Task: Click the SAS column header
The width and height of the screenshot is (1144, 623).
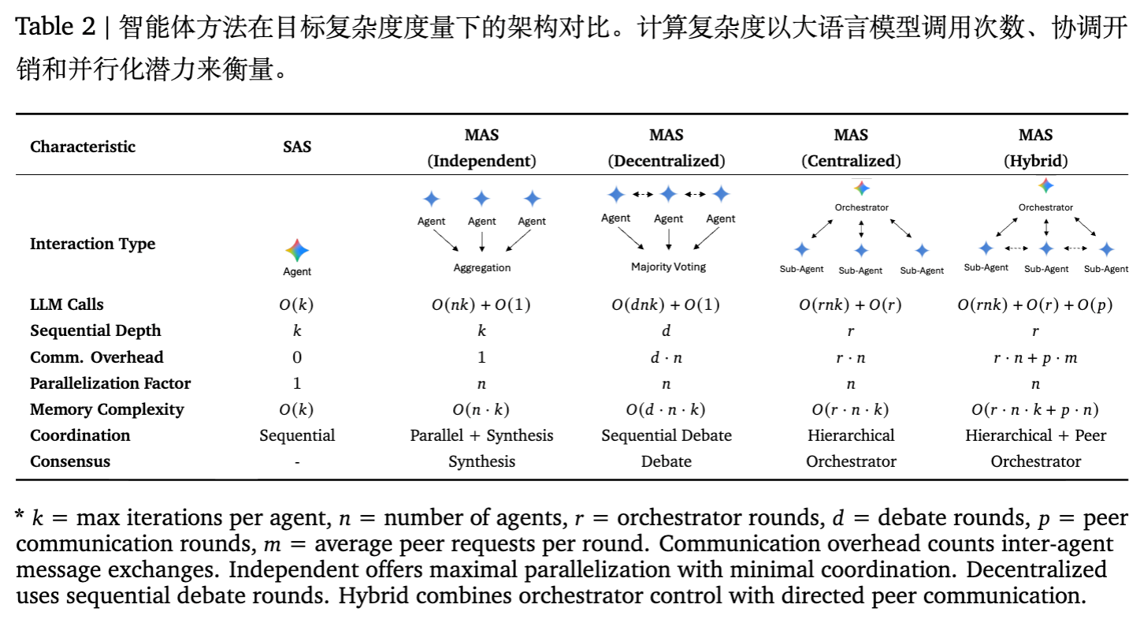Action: click(297, 147)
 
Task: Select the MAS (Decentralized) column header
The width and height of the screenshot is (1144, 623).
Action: click(666, 148)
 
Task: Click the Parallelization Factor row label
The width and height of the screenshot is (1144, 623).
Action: click(110, 383)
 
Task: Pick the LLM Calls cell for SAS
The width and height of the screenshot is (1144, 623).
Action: click(297, 305)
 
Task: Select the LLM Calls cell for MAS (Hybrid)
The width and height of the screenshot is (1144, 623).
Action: click(1034, 305)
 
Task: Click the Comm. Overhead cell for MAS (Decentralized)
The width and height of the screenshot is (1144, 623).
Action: click(666, 357)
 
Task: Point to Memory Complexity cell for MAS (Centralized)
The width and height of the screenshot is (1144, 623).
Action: click(850, 409)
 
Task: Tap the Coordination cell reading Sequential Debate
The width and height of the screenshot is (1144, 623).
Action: click(666, 435)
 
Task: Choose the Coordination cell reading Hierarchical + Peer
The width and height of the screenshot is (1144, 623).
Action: click(1035, 435)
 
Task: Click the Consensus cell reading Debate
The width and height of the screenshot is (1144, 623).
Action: click(666, 461)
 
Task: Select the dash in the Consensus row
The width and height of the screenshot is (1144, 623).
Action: click(297, 462)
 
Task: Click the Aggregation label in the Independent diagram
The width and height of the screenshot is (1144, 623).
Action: click(481, 268)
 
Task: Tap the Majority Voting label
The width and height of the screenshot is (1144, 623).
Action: click(668, 267)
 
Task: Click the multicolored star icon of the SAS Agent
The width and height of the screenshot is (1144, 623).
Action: click(297, 251)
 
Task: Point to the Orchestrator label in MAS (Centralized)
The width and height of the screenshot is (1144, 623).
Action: click(861, 207)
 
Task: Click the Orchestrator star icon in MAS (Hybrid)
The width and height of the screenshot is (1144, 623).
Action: click(1046, 186)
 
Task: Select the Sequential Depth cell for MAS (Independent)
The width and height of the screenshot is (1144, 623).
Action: click(481, 331)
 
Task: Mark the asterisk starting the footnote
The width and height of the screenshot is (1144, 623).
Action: click(20, 517)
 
